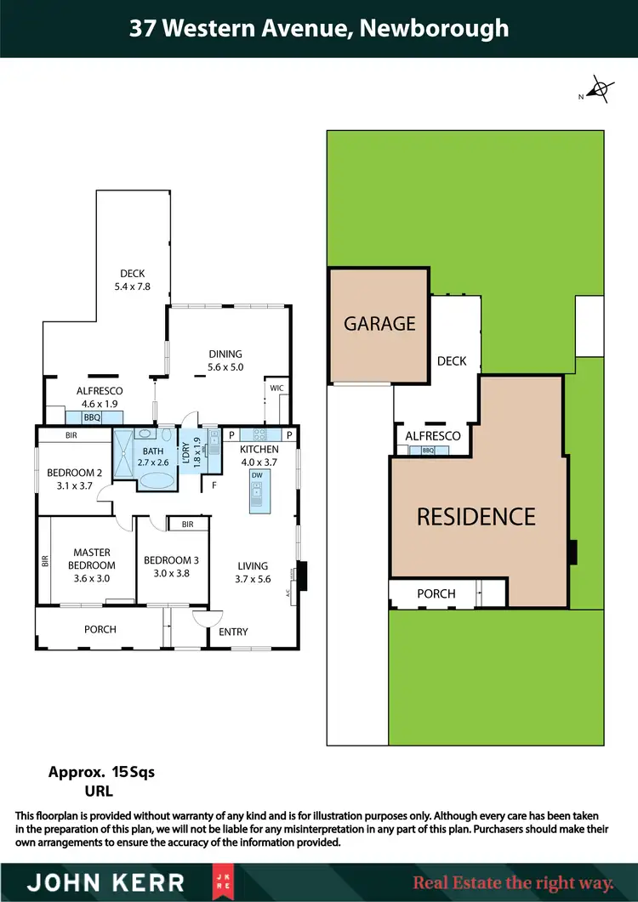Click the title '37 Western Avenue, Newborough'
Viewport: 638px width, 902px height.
pos(319,28)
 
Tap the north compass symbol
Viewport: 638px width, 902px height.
pos(601,89)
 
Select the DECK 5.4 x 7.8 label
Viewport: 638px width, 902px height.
pos(132,280)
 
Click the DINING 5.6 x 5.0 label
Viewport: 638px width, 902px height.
pos(225,360)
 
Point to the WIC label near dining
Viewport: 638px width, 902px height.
pos(276,388)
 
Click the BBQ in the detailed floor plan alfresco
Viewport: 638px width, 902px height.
pos(92,417)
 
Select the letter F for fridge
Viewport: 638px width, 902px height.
pos(214,486)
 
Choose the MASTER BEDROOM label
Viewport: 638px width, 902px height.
pos(92,565)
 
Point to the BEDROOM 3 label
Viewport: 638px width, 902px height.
pos(171,566)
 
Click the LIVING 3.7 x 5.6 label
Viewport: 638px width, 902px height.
pos(253,571)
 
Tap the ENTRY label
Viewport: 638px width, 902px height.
pos(233,632)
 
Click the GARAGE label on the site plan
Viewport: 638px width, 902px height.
pos(379,323)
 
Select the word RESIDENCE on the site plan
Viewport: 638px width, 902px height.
pos(476,516)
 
